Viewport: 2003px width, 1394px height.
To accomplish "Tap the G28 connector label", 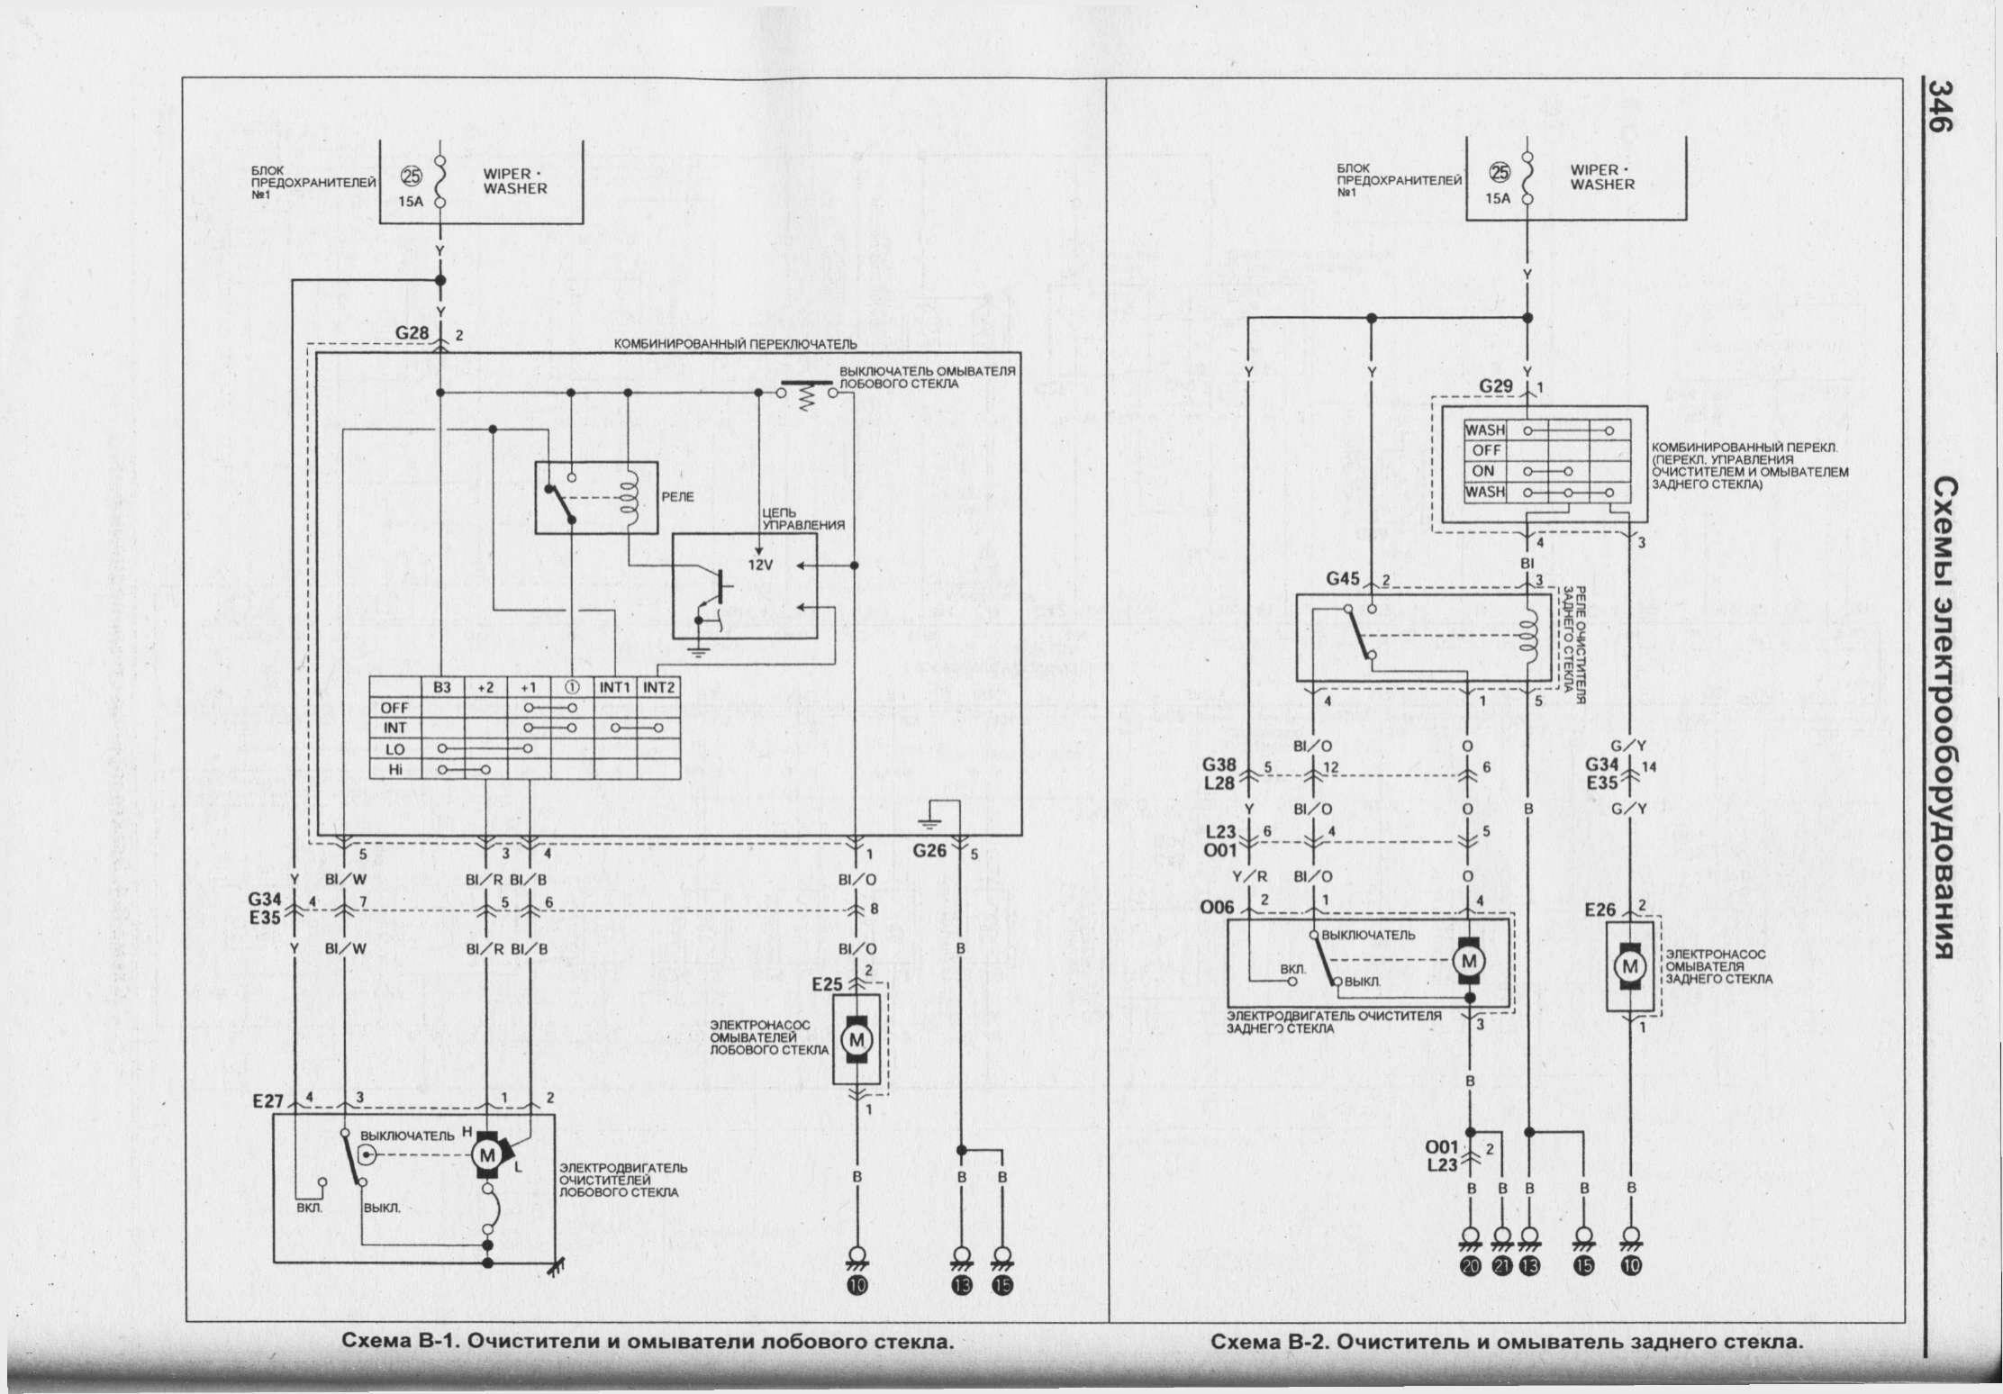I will tap(412, 333).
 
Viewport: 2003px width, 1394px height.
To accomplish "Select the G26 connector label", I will tap(930, 849).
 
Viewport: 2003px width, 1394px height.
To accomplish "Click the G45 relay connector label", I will tap(1343, 579).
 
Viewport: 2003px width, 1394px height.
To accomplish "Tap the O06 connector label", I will tap(1217, 909).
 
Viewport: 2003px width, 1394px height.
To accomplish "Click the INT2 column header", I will tap(659, 687).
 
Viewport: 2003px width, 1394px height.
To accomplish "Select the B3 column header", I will tap(442, 687).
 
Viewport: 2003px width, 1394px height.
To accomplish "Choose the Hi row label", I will tap(394, 769).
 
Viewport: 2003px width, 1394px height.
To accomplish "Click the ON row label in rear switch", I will tap(1482, 471).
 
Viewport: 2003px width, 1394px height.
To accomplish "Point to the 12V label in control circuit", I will tap(762, 565).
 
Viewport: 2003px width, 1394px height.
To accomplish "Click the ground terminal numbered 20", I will tap(1471, 1265).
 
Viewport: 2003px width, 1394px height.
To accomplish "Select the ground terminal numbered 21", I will tap(1501, 1265).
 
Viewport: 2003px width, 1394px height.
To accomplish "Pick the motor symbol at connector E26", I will tap(1629, 966).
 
